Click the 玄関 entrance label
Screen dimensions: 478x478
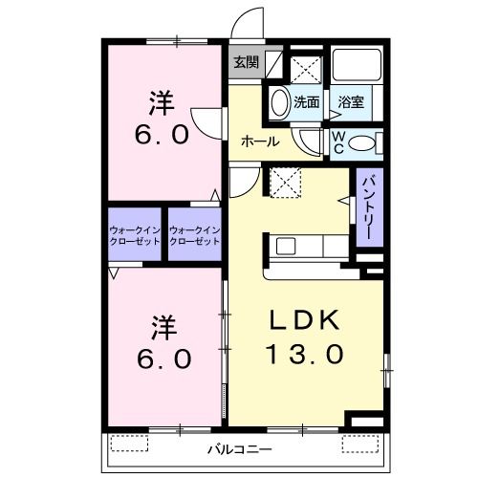[246, 62]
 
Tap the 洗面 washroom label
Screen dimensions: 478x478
[307, 102]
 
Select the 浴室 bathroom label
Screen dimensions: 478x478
[351, 102]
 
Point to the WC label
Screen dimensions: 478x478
[338, 142]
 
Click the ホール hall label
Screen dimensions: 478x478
[260, 141]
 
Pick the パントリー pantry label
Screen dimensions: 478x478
[369, 207]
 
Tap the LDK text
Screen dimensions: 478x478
[305, 320]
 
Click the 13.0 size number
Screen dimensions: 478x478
[305, 354]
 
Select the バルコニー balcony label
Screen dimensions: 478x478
[240, 449]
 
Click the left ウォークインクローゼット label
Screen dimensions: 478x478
[135, 235]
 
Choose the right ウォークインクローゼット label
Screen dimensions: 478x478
[195, 235]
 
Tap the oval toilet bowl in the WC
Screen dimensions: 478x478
[361, 143]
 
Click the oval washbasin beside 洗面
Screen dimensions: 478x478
[280, 102]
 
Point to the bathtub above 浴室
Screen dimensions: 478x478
[357, 65]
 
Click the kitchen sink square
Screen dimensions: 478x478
[286, 247]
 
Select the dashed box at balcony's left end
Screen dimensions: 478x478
[129, 443]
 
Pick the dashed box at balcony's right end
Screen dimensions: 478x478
[360, 444]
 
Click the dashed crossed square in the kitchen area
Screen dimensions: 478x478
[285, 183]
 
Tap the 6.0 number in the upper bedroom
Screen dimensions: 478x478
[162, 135]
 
